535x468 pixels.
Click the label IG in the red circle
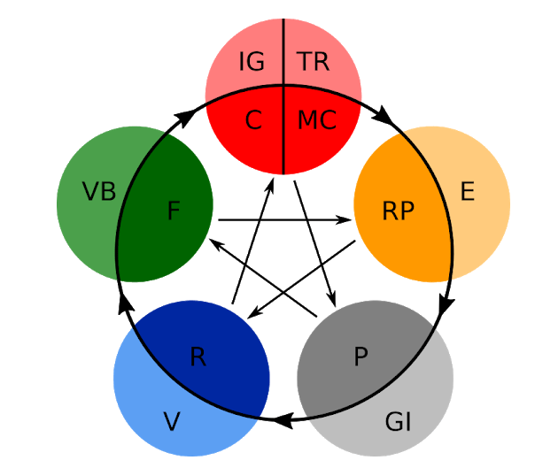(252, 62)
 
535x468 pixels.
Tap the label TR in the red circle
(314, 62)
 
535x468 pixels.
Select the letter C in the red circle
(253, 120)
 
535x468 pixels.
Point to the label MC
(316, 120)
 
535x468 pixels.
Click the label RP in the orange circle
(398, 211)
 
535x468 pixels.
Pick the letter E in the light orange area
(468, 191)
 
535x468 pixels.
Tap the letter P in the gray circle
(360, 357)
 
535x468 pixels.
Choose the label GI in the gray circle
(399, 422)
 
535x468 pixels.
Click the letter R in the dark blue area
(198, 357)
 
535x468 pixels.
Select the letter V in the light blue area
(172, 422)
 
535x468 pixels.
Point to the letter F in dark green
(173, 211)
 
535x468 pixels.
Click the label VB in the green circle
(99, 191)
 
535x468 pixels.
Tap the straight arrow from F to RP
(283, 219)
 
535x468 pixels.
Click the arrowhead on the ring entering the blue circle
(283, 423)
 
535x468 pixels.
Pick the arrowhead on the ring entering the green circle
(123, 303)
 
